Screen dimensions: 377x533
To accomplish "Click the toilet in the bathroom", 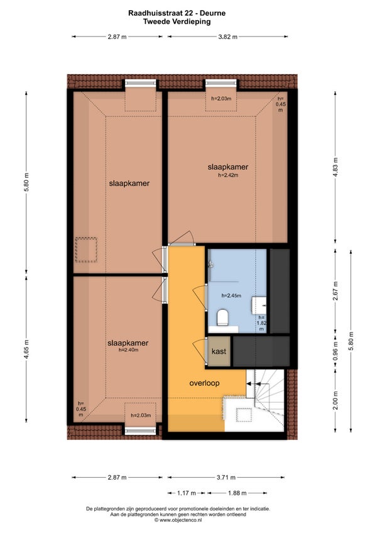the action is [222, 317].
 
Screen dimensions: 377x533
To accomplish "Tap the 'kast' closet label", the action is [219, 351].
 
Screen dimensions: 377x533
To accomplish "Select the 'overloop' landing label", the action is [204, 383].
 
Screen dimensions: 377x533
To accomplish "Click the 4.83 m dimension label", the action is [335, 167].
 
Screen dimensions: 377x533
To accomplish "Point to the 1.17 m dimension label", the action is [186, 493].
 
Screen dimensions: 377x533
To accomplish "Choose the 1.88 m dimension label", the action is [238, 493].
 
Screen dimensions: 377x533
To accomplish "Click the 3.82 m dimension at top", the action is [227, 36].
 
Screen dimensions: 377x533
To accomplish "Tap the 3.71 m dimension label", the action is [226, 477].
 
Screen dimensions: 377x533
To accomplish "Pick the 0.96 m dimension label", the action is [335, 351].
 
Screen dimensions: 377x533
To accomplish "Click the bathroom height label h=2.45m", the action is [231, 296].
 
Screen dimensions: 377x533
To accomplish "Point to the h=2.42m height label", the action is [227, 175].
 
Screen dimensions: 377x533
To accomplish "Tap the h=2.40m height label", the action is [128, 349].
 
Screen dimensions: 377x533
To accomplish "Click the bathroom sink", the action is [259, 305].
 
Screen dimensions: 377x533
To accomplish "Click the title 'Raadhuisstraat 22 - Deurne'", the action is [177, 13].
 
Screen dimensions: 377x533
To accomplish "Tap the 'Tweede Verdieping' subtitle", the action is [177, 22].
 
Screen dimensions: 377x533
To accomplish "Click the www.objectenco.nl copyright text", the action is [178, 520].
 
